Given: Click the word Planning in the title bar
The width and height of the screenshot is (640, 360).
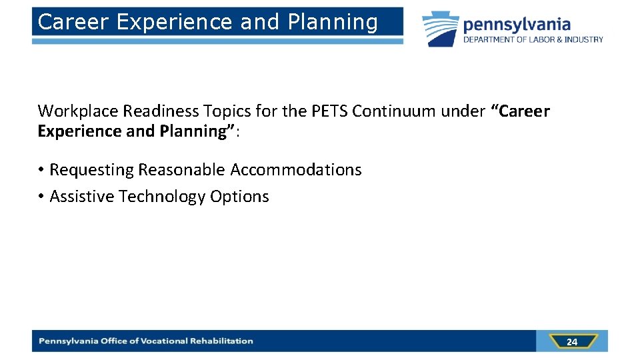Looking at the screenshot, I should point(333,23).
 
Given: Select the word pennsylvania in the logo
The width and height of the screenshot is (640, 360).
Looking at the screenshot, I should point(517,25).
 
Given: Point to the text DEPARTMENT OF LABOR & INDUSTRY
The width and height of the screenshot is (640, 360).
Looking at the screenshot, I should point(533,40).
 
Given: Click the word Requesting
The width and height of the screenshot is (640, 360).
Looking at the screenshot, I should point(91,170).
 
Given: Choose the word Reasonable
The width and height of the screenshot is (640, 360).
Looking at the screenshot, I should point(182,170).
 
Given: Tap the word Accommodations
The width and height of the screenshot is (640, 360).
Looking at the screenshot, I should point(296,170).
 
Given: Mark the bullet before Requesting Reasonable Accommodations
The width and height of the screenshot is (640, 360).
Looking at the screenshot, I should point(41,170).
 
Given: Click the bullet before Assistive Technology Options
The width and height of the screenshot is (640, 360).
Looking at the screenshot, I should point(41,197).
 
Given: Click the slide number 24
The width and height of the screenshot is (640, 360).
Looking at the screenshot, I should point(571,342).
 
